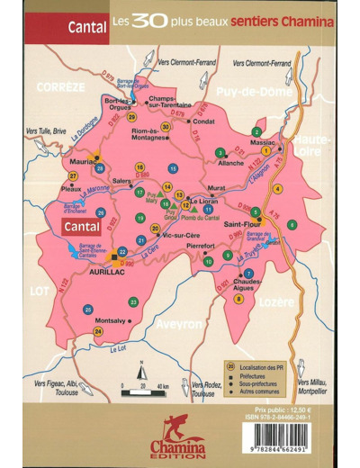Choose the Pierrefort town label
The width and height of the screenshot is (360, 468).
pos(198,245)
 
